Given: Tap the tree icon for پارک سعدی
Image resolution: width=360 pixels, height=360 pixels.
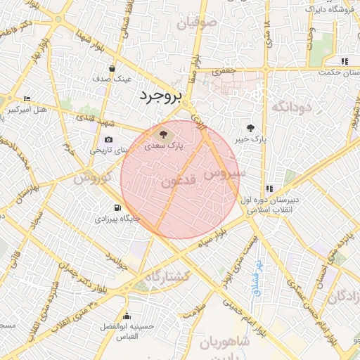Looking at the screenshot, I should coord(163,134).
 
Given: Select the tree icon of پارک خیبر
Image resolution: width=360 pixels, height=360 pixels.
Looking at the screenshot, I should coord(251,127).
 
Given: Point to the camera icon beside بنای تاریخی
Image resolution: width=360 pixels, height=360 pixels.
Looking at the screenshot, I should coord(108,139).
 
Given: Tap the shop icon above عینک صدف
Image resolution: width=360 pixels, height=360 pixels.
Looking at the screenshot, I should coord(112,68).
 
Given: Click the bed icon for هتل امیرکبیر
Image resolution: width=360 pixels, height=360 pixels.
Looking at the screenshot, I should coord(27,98).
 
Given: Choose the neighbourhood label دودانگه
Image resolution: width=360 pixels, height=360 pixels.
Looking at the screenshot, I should coord(291,107).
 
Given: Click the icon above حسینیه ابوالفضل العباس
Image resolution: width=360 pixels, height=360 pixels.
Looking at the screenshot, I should coord(127,316).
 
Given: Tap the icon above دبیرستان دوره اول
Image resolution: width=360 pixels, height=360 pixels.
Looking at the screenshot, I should coord(269,188).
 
